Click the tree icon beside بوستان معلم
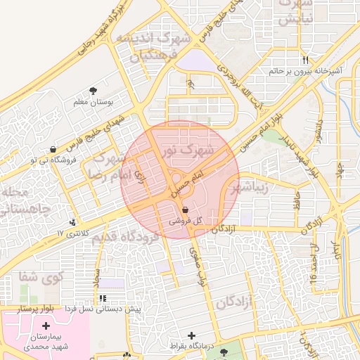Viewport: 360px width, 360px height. click(x=94, y=90)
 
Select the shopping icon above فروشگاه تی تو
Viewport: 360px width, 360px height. click(x=54, y=149)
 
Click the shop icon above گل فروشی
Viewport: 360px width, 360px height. click(x=185, y=210)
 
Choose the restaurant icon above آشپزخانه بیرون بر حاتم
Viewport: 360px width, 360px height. click(x=305, y=60)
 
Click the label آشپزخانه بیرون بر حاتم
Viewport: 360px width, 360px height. click(x=305, y=70)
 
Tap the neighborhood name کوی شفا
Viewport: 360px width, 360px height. click(x=42, y=276)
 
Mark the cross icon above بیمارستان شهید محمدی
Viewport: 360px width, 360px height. click(x=46, y=326)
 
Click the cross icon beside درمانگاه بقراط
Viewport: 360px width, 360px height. click(x=192, y=335)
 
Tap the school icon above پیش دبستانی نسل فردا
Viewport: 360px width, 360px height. click(x=103, y=299)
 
